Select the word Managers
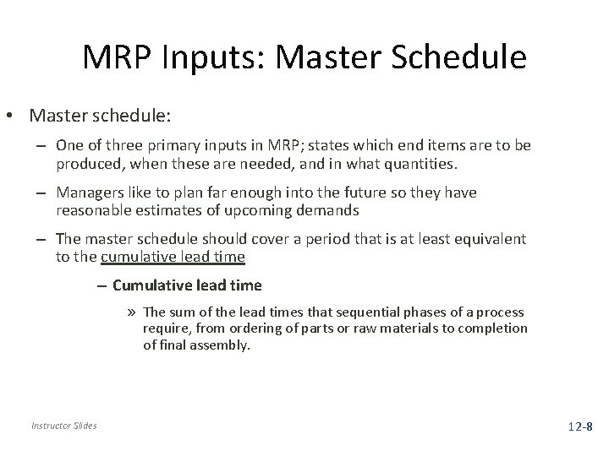pyautogui.click(x=92, y=193)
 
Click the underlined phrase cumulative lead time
pyautogui.click(x=173, y=256)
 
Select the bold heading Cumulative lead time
pyautogui.click(x=187, y=285)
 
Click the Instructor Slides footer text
pyautogui.click(x=65, y=426)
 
